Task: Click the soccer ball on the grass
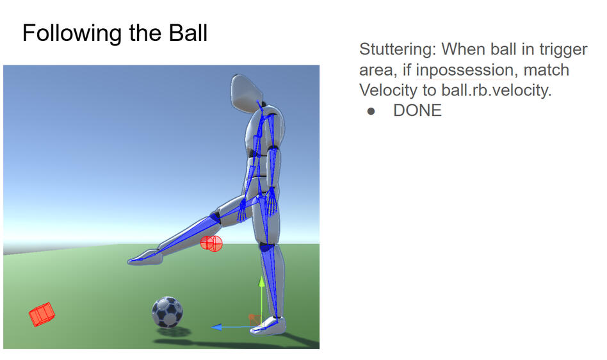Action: pyautogui.click(x=167, y=312)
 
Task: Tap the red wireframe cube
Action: pyautogui.click(x=42, y=314)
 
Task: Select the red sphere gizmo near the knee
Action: pyautogui.click(x=211, y=243)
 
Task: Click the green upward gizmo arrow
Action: pyautogui.click(x=261, y=282)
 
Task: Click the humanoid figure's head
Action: pyautogui.click(x=247, y=92)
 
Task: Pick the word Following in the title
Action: pyautogui.click(x=70, y=33)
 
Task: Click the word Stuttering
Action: pyautogui.click(x=397, y=49)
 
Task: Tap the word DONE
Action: pyautogui.click(x=417, y=111)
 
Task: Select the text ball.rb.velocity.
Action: pyautogui.click(x=496, y=90)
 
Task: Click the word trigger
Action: pyautogui.click(x=563, y=49)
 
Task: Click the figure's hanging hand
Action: pyautogui.click(x=271, y=203)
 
